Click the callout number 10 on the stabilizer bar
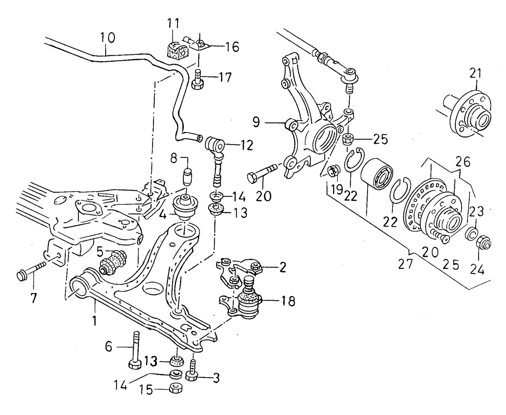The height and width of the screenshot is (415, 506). (107, 38)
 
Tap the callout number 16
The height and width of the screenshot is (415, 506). (231, 47)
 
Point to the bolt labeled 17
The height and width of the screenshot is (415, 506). (198, 80)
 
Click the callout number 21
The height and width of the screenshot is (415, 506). (475, 73)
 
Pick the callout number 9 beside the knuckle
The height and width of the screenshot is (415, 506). (256, 122)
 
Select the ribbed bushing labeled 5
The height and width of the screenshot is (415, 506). (113, 262)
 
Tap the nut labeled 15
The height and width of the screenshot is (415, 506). (175, 388)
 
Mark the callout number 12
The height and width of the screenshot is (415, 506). (245, 145)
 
